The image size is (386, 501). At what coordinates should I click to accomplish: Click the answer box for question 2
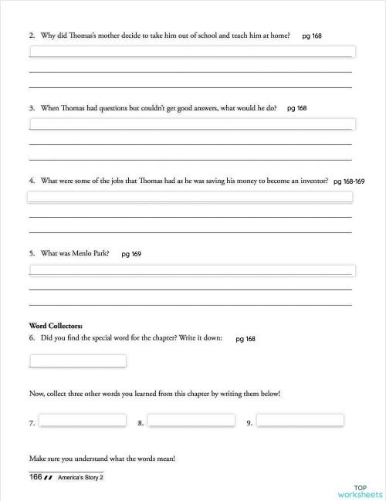(191, 52)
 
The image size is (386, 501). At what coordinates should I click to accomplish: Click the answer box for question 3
(191, 124)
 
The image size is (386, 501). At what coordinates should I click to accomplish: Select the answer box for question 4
(190, 197)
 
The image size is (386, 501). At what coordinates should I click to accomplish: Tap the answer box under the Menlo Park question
(190, 269)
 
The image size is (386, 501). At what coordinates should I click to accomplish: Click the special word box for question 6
(78, 361)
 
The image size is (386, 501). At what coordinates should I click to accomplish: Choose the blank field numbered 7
(83, 420)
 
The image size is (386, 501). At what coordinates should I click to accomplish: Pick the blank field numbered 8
(191, 420)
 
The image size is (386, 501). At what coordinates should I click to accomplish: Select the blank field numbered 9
(300, 420)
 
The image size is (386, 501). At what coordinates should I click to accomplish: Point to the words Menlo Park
(92, 252)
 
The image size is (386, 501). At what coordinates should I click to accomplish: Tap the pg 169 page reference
(131, 253)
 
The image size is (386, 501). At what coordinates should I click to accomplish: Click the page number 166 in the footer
(36, 477)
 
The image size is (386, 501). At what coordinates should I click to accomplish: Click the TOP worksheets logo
(360, 491)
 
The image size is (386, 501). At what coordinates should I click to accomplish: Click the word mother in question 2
(98, 36)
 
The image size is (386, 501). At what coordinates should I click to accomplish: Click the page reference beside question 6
(245, 339)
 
